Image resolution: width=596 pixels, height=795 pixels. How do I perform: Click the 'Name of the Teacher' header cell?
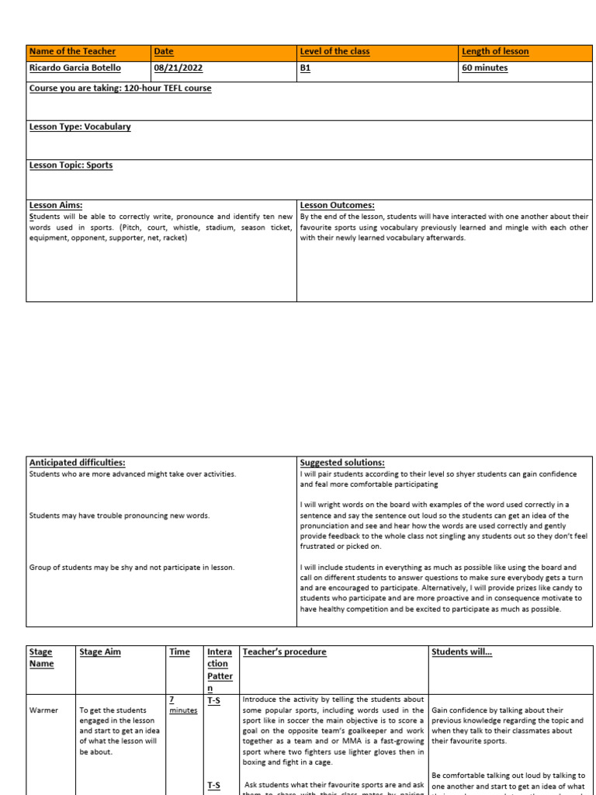[72, 52]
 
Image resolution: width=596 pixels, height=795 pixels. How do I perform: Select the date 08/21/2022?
[178, 68]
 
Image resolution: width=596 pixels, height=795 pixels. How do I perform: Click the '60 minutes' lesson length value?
[485, 68]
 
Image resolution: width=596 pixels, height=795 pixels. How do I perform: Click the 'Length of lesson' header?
[495, 52]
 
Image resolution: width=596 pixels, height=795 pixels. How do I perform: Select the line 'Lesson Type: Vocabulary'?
[80, 127]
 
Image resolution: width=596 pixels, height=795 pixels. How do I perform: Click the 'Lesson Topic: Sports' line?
[71, 165]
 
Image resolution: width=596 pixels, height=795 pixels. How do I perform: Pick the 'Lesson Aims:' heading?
[56, 206]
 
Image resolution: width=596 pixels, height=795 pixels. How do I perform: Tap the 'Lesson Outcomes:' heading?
[338, 206]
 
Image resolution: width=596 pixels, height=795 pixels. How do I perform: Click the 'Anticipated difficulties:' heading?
[77, 463]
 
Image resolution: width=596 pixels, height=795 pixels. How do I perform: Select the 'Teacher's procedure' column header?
[285, 652]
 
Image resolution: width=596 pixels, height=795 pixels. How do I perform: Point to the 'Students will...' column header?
[462, 652]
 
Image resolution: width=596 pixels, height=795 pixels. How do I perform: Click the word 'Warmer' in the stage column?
[43, 710]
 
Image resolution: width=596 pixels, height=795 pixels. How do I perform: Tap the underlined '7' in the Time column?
[172, 700]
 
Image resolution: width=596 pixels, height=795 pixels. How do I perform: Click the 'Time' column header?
[179, 652]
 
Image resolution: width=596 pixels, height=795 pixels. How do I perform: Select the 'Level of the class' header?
[335, 52]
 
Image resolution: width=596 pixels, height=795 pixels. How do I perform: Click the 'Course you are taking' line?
[120, 89]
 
